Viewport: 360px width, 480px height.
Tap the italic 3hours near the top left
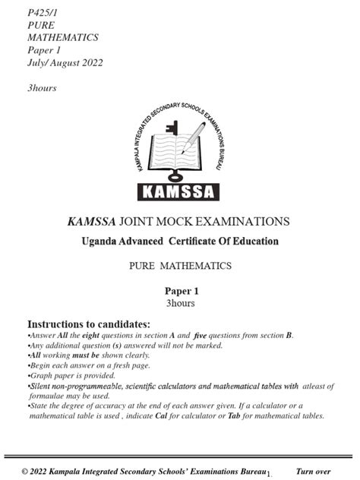pos(42,88)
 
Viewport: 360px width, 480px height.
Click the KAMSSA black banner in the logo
pos(179,191)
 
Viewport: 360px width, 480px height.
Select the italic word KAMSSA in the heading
pos(92,222)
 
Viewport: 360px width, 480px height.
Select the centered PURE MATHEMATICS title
pos(180,267)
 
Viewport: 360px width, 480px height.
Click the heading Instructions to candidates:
pos(89,324)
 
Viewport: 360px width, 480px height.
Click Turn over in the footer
pos(313,472)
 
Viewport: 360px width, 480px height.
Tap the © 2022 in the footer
pos(36,472)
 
